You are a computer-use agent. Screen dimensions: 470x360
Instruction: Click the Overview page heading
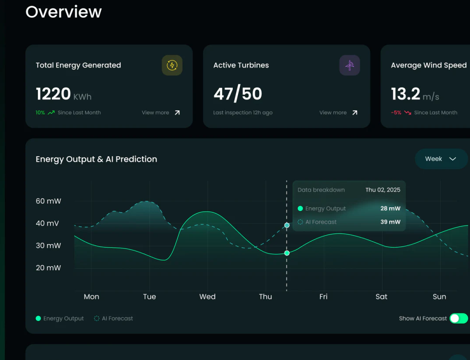[64, 12]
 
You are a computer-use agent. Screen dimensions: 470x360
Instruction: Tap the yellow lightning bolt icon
[172, 65]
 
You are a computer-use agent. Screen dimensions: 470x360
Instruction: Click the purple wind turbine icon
[350, 65]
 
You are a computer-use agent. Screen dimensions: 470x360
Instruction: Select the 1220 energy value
[53, 94]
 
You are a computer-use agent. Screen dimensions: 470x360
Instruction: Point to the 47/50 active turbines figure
[238, 94]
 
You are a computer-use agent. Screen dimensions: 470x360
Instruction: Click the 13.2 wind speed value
[405, 94]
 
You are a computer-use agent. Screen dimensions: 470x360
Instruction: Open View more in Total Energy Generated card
[161, 113]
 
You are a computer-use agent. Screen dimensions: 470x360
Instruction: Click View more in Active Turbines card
[338, 113]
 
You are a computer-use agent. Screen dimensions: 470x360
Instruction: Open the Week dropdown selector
[441, 159]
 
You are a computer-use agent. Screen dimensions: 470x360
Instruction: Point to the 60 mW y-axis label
[48, 201]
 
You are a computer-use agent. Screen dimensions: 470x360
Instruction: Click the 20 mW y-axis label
[48, 268]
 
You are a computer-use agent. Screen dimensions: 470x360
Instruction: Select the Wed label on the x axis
[207, 296]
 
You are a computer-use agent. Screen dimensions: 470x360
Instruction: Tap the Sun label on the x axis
[439, 296]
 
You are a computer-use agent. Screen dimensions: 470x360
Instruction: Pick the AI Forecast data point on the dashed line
[287, 225]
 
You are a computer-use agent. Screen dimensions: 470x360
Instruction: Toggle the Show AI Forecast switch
[459, 318]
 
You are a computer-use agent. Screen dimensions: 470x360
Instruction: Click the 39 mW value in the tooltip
[390, 222]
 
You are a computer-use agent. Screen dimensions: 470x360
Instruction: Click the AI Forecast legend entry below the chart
[113, 318]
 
